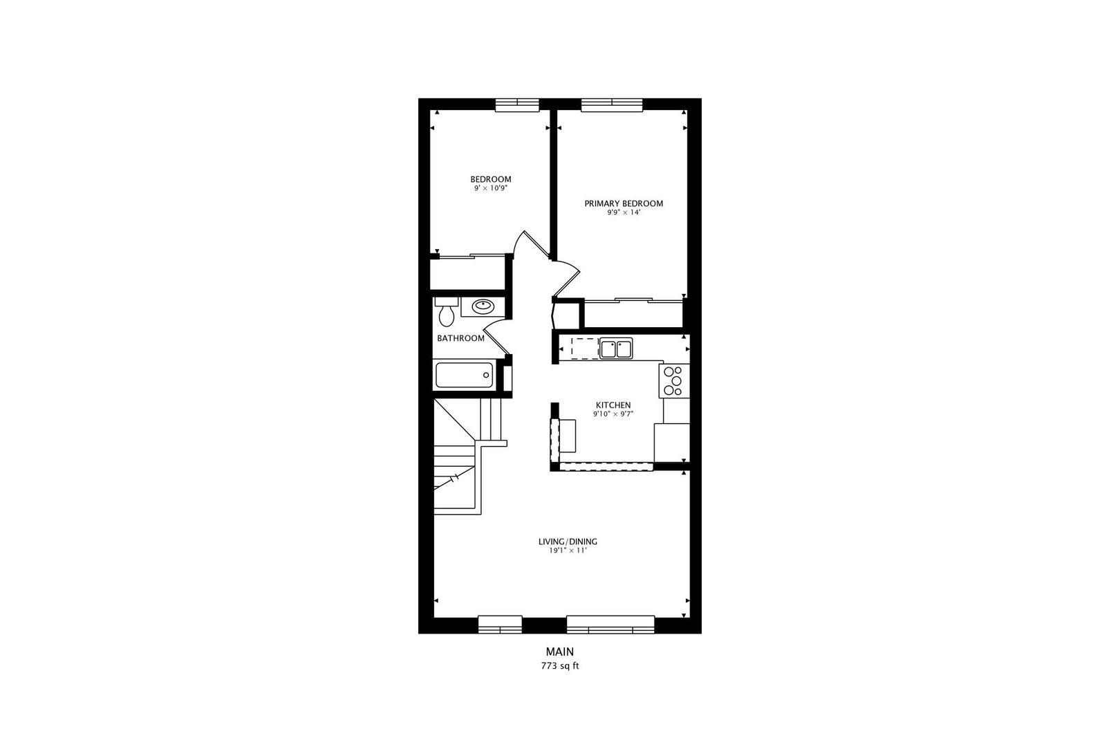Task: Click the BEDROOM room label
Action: pyautogui.click(x=491, y=179)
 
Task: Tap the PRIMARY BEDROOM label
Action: pyautogui.click(x=624, y=203)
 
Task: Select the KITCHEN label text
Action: pyautogui.click(x=613, y=405)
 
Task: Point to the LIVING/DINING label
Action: pyautogui.click(x=568, y=542)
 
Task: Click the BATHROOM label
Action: pyautogui.click(x=460, y=338)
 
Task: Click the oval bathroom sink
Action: pyautogui.click(x=482, y=306)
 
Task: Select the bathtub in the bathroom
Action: pyautogui.click(x=464, y=376)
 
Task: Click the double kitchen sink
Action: pyautogui.click(x=615, y=349)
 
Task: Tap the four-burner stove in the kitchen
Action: pyautogui.click(x=673, y=381)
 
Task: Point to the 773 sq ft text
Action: pyautogui.click(x=560, y=667)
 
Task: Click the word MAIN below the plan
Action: pyautogui.click(x=560, y=652)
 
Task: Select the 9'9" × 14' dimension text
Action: pyautogui.click(x=624, y=213)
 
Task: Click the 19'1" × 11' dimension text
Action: pyautogui.click(x=568, y=551)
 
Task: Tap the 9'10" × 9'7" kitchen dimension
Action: pyautogui.click(x=613, y=414)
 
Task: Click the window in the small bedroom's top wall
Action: pyautogui.click(x=517, y=104)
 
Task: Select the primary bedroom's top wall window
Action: pyautogui.click(x=612, y=104)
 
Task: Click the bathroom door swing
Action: pyautogui.click(x=496, y=337)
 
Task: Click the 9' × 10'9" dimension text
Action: pyautogui.click(x=491, y=188)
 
